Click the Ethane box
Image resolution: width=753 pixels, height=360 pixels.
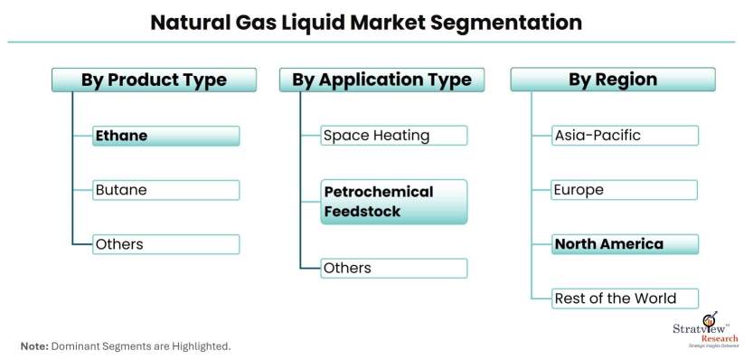pos(165,136)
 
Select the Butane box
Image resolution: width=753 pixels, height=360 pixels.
pos(165,190)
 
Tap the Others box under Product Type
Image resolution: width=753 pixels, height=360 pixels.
pos(165,244)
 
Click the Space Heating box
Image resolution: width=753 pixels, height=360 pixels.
pos(394,136)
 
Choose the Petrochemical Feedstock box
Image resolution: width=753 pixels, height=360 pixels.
pos(394,202)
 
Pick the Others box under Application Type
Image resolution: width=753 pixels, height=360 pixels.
pos(394,269)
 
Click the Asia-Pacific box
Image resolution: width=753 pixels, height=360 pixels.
pos(625,136)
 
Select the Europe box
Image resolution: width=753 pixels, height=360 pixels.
pos(625,190)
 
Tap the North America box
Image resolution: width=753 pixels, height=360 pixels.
pos(625,244)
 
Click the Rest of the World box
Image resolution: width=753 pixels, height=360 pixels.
pos(625,298)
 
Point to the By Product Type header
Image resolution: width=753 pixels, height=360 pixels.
pos(155,80)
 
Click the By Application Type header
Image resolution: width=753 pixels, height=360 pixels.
pos(381,80)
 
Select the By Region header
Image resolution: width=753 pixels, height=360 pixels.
pos(613,80)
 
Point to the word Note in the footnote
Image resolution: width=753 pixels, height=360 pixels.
pos(34,346)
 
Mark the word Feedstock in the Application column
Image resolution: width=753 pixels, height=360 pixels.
pos(362,212)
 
